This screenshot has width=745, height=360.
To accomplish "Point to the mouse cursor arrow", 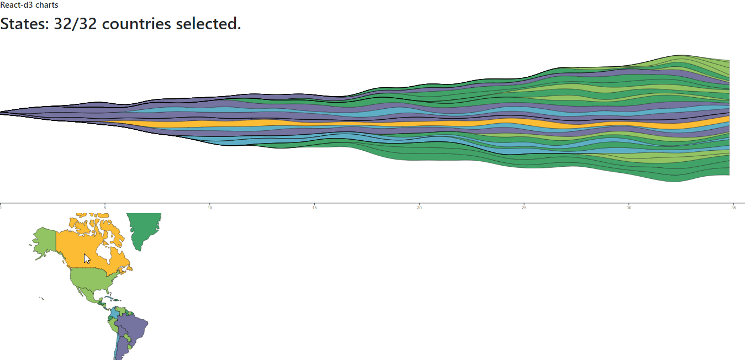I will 86,258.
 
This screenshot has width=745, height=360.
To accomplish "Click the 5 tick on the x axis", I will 105,208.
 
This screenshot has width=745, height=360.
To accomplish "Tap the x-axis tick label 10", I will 210,208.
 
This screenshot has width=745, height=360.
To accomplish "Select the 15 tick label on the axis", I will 314,208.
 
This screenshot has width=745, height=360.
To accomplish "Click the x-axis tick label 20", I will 419,208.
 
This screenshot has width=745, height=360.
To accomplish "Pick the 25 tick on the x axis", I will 524,208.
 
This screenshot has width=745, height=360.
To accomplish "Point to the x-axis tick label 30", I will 628,208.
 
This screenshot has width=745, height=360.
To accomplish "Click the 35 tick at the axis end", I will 733,208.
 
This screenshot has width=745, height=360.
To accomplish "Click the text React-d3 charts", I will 29,5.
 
